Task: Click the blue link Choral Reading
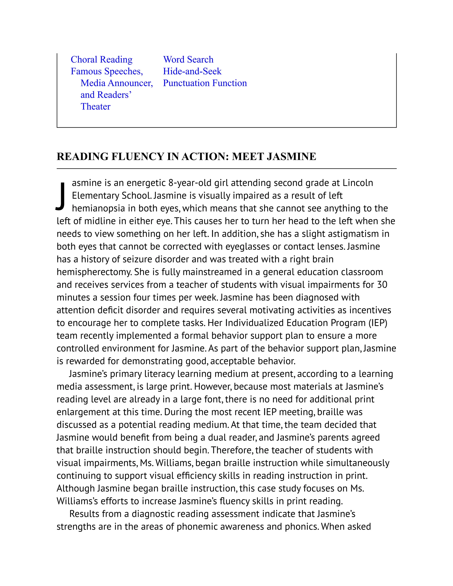coord(102,59)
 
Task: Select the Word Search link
coord(188,59)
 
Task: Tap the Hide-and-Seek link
coord(192,71)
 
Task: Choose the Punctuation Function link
coord(205,83)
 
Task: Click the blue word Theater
coord(96,107)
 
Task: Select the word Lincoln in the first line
coord(358,183)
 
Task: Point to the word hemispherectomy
coord(94,272)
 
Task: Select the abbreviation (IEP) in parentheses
coord(378,323)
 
